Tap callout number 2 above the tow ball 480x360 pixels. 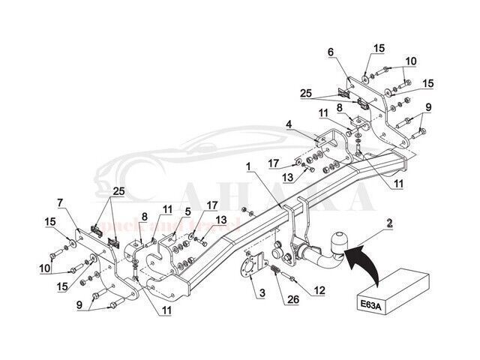point(390,222)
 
